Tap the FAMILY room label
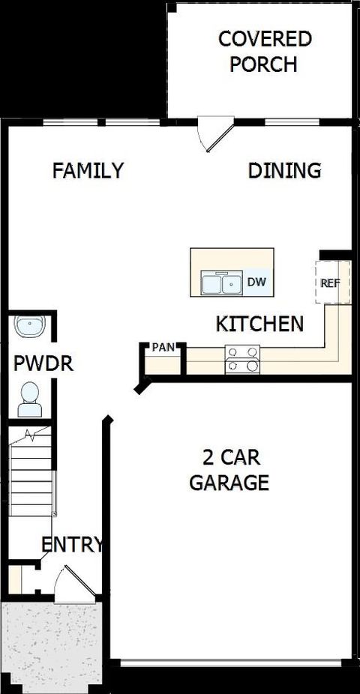[88, 171]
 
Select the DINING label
[284, 171]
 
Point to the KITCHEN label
[259, 325]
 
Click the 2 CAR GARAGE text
[229, 470]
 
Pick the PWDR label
[33, 364]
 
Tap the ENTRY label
[71, 545]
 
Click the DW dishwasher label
[257, 283]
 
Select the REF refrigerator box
[331, 283]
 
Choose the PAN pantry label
[163, 347]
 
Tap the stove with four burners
[242, 359]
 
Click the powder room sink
[31, 327]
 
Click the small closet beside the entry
[18, 579]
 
